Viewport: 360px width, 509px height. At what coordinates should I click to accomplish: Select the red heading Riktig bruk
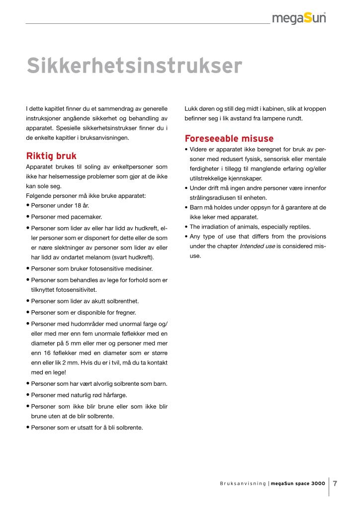[51, 156]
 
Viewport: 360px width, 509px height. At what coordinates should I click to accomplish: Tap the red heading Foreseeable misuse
[229, 138]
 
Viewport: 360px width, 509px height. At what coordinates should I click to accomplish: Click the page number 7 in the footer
[335, 483]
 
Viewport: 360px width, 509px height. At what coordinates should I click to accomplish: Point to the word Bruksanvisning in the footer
[243, 483]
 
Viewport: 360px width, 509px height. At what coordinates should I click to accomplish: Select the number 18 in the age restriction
[71, 205]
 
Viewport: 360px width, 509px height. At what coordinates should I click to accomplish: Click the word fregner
[125, 313]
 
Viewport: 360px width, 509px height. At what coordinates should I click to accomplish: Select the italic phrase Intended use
[257, 246]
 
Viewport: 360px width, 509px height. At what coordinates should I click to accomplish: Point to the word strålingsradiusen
[214, 197]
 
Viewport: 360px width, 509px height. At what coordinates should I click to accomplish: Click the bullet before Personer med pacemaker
[28, 217]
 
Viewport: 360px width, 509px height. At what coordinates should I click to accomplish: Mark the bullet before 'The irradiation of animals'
[185, 227]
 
